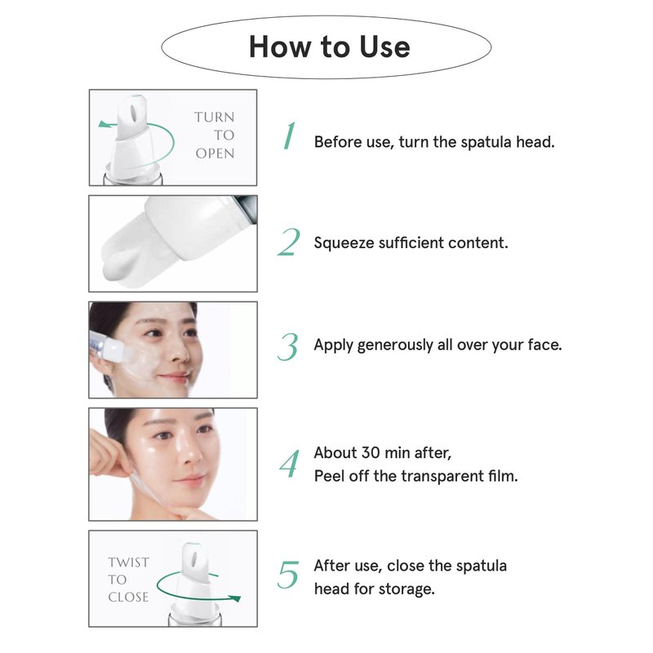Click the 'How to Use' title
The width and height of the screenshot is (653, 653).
330,47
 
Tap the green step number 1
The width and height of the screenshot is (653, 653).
289,135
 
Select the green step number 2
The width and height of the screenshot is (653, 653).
289,242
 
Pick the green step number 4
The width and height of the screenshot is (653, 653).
290,464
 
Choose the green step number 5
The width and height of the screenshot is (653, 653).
288,575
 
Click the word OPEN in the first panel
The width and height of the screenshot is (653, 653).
215,153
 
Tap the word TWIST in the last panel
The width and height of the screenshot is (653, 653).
128,562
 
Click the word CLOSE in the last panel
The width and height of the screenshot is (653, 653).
128,597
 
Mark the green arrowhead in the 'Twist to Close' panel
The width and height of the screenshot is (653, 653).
236,598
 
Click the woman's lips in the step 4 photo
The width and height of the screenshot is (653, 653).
190,479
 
